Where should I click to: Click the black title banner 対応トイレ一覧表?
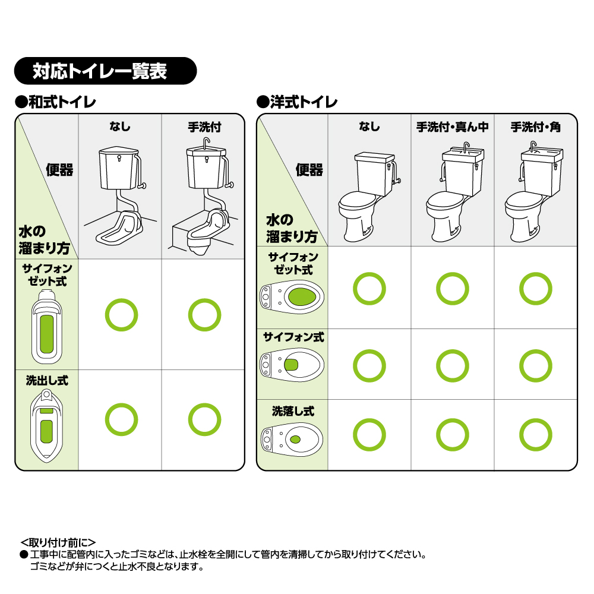point(105,71)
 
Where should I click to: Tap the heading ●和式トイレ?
point(55,102)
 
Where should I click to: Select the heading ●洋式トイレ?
point(296,102)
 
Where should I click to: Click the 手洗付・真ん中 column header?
point(452,127)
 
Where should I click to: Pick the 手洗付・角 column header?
point(535,127)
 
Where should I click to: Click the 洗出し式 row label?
point(47,380)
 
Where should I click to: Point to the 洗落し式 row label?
point(293,411)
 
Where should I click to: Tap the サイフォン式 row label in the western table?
point(293,337)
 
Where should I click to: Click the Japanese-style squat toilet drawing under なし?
point(119,195)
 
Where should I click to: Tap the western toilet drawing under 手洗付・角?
point(534,192)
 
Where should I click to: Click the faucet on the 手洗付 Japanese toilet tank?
point(206,143)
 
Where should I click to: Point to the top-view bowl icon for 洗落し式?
point(292,440)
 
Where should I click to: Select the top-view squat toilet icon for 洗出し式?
point(46,426)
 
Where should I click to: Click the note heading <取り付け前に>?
point(58,542)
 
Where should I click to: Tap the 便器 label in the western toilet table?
point(309,170)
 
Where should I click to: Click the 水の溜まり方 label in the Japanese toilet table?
point(45,240)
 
